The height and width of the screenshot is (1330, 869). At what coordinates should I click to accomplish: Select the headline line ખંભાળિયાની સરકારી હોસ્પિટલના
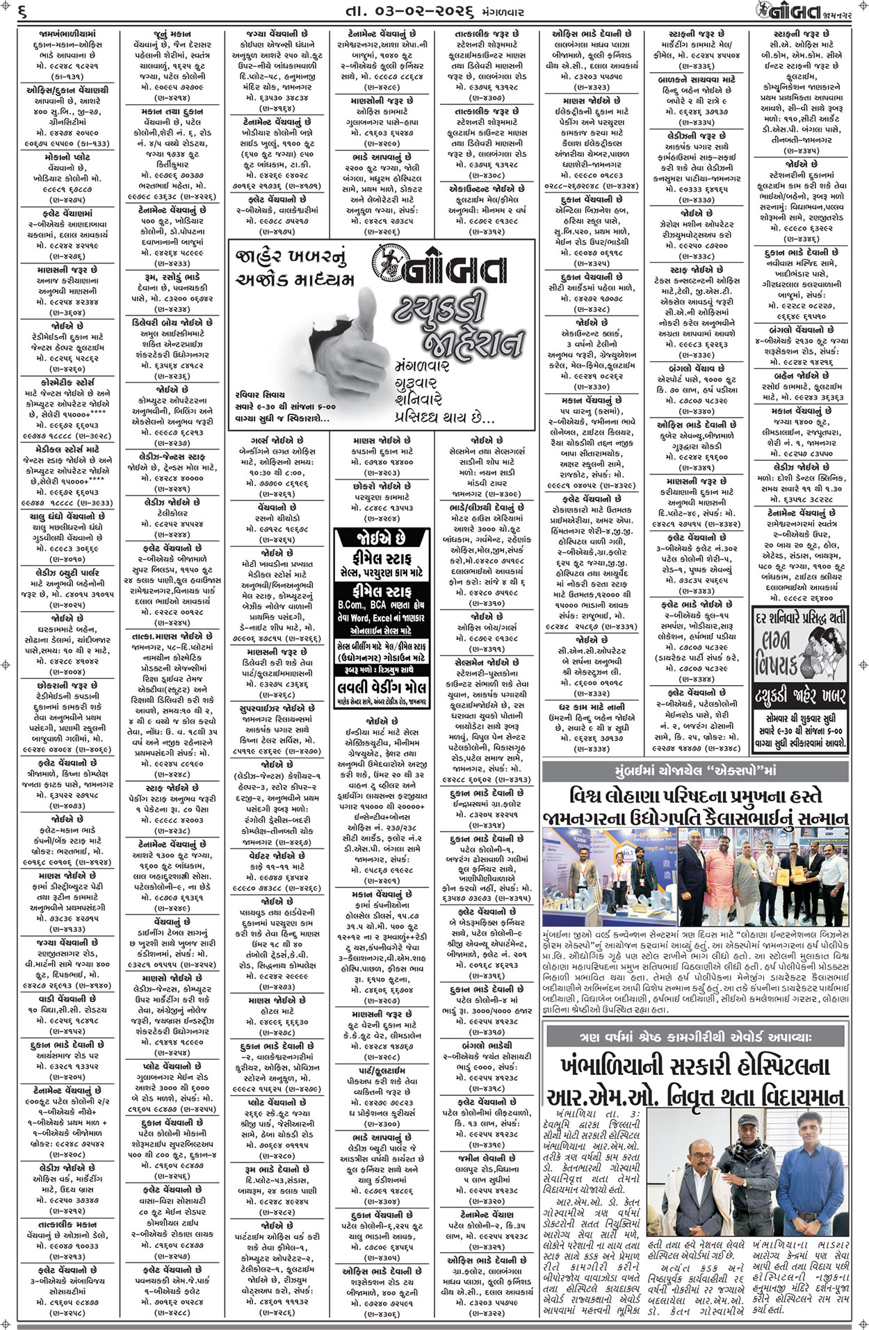point(695,1066)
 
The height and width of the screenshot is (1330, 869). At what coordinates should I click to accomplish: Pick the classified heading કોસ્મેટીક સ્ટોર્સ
point(65,382)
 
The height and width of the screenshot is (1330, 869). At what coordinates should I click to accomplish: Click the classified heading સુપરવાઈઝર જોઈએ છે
point(277,708)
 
